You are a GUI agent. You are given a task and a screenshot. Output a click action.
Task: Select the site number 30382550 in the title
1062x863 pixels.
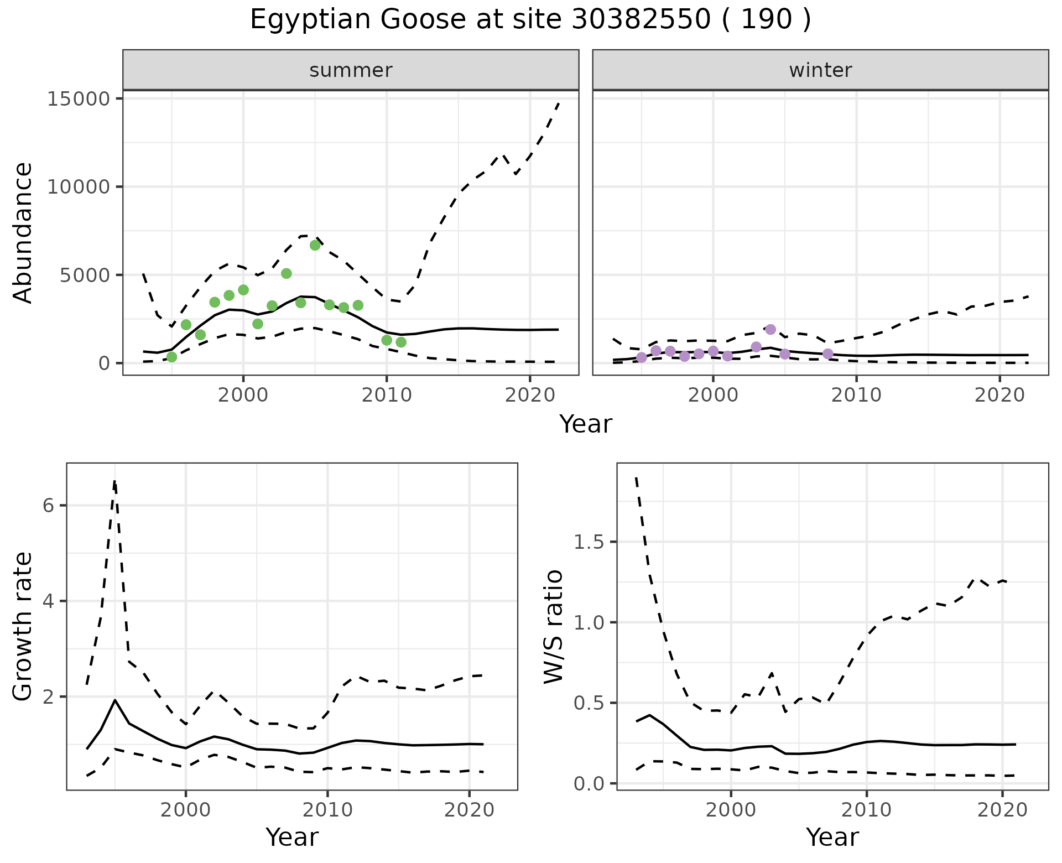coord(639,20)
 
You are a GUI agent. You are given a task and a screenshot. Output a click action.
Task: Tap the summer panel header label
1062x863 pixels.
coord(351,70)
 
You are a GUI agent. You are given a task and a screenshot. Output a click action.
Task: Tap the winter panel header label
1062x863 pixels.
coord(820,70)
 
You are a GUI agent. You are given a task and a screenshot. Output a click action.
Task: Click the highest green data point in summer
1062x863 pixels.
coord(315,245)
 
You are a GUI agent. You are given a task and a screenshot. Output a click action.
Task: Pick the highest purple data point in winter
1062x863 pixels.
coord(771,329)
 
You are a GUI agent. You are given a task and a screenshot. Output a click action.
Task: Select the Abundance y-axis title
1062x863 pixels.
coord(23,232)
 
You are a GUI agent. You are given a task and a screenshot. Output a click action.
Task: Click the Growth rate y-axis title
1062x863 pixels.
coord(23,626)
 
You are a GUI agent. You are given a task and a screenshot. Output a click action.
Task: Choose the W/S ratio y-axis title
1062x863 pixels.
coord(553,626)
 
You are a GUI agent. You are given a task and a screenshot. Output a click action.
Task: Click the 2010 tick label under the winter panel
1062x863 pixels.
coord(856,395)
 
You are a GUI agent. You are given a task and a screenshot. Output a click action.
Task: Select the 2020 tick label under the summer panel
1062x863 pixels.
coord(530,395)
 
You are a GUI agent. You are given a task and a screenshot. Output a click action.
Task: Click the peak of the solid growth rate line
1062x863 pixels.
coord(115,700)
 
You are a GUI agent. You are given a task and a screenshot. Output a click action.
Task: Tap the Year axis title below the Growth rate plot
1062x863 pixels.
coord(292,837)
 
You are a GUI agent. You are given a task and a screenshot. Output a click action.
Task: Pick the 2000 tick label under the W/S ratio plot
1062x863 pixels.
coord(731,810)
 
